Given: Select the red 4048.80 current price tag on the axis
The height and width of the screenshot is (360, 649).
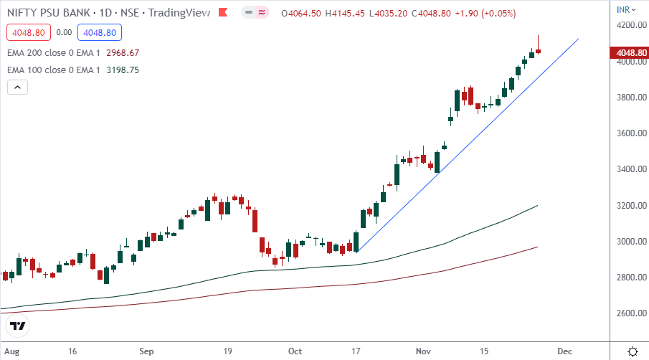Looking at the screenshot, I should click(628, 52).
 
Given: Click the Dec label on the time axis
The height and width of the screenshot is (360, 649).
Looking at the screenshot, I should click(564, 351).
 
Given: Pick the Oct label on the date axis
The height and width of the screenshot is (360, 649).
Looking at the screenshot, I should click(295, 351).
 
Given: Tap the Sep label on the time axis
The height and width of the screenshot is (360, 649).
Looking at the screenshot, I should click(146, 351).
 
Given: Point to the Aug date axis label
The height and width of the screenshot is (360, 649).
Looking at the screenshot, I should click(11, 351).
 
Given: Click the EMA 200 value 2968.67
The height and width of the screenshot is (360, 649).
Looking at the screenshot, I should click(123, 53).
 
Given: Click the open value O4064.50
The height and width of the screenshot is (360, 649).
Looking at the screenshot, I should click(302, 14).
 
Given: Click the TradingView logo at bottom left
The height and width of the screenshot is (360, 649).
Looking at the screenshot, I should click(18, 326).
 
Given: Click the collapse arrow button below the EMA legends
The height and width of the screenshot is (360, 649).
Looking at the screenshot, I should click(18, 87).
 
